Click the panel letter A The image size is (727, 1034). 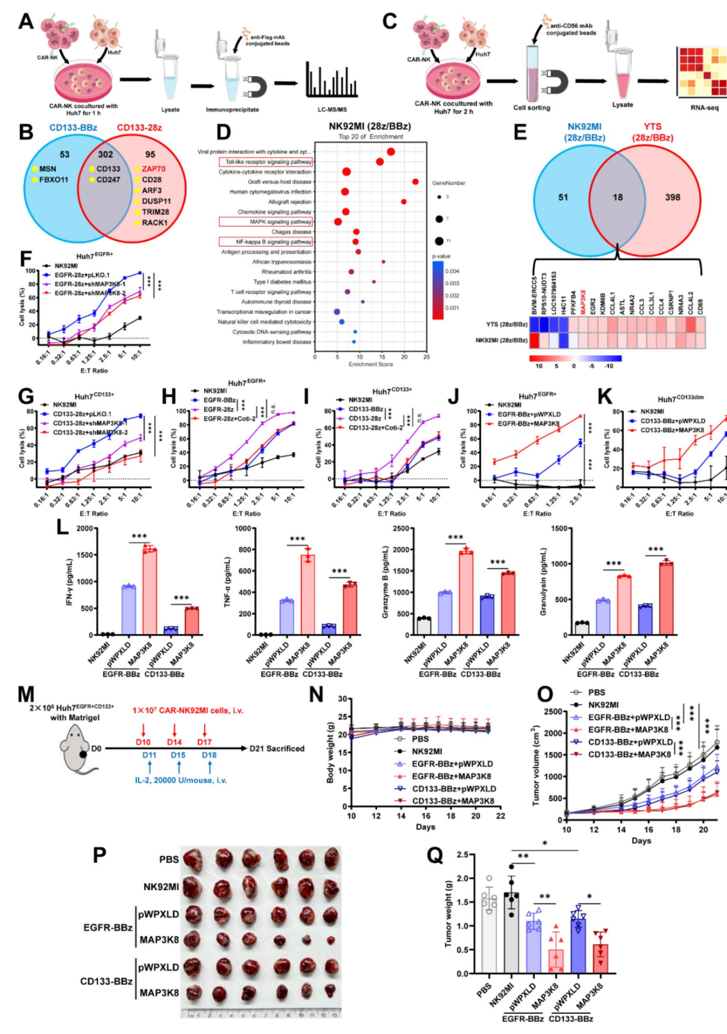coord(26,21)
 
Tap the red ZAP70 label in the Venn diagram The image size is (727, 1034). coord(154,169)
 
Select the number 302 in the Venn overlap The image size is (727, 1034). coord(105,155)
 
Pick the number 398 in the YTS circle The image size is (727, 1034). coord(672,198)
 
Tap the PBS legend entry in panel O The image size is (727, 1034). coord(596,692)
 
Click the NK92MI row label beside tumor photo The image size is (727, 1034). coord(161,887)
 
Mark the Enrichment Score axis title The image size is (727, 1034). coord(370,364)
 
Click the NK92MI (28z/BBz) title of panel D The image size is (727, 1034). coord(370,126)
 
